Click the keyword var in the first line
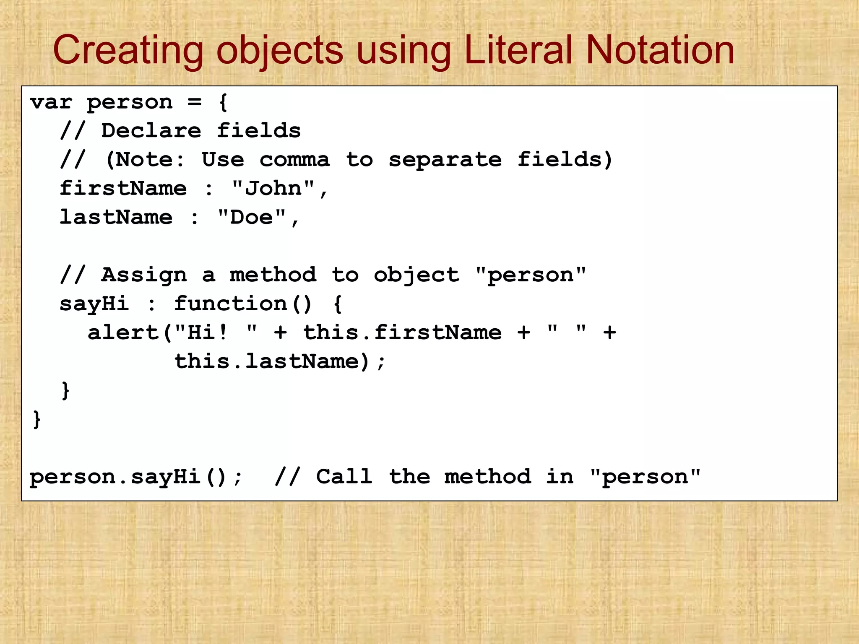click(51, 102)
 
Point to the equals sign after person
click(194, 102)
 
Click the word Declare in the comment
click(151, 131)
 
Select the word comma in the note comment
click(294, 160)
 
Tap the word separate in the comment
click(445, 160)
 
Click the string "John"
click(273, 188)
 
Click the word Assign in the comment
click(144, 275)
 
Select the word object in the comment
click(416, 275)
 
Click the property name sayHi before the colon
click(94, 304)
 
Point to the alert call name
click(123, 332)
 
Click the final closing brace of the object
click(37, 419)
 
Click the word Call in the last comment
click(344, 477)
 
